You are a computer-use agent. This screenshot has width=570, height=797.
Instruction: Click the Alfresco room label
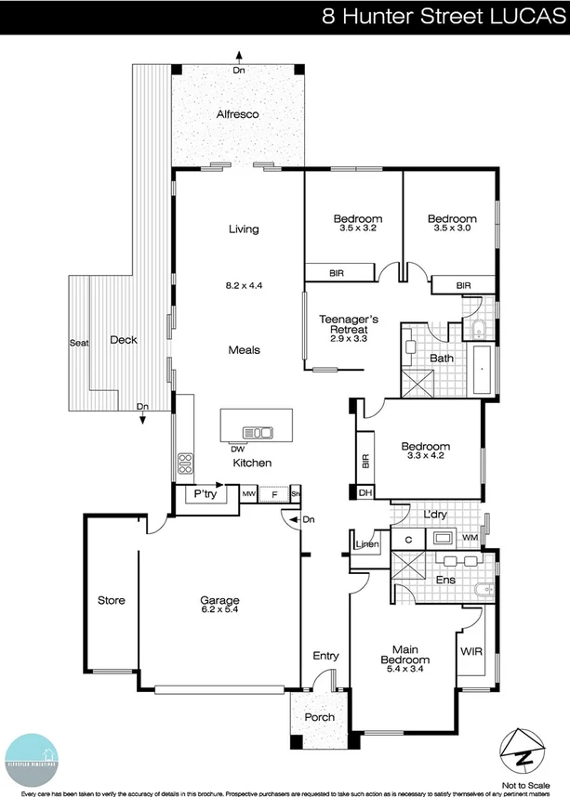pos(236,114)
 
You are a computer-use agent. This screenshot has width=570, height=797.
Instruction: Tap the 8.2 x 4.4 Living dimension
pos(244,285)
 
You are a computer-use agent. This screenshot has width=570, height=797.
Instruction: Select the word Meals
pos(244,350)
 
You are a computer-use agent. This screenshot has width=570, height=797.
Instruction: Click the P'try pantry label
pos(205,496)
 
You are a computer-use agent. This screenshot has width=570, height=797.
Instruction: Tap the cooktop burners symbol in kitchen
pos(184,462)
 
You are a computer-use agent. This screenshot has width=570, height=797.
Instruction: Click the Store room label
pos(112,600)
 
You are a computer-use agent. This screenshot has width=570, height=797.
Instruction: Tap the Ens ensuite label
pos(445,580)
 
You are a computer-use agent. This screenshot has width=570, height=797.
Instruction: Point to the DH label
pos(365,493)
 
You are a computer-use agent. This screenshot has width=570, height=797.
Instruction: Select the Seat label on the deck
pos(79,343)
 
